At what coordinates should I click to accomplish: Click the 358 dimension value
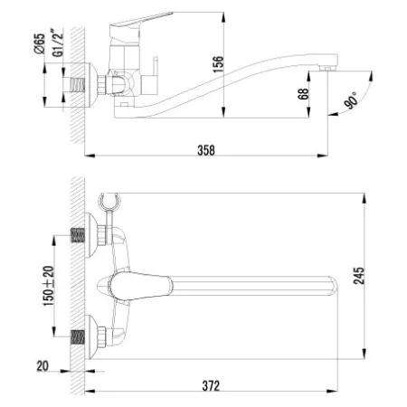pos(206,150)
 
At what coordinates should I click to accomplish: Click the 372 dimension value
pos(211,385)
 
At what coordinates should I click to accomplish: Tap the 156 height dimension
pos(218,64)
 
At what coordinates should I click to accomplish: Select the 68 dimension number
pos(303,94)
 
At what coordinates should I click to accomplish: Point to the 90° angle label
pos(352,100)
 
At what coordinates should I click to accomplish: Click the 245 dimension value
pos(359,276)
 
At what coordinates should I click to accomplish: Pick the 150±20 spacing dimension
pos(48,286)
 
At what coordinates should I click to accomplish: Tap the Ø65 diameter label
pos(40,43)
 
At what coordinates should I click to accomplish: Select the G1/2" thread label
pos(58,43)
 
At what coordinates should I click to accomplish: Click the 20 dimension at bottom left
pos(43,366)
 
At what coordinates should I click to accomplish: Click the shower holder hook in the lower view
pos(109,201)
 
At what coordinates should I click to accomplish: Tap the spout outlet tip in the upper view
pos(327,69)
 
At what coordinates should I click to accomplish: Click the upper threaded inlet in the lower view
pos(78,235)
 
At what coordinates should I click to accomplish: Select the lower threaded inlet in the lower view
pos(78,336)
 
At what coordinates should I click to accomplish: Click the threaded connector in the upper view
pos(78,85)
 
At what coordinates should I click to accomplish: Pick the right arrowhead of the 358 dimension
pos(323,156)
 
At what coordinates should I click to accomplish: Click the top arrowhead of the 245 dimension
pos(364,198)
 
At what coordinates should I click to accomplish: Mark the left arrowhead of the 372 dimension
pos(90,392)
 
